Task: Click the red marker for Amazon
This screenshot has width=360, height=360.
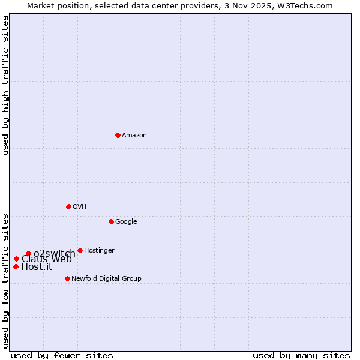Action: pyautogui.click(x=118, y=135)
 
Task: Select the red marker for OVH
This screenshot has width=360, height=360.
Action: pyautogui.click(x=68, y=206)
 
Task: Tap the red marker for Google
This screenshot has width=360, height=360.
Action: pyautogui.click(x=111, y=221)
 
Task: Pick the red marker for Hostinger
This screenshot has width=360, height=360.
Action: pyautogui.click(x=80, y=250)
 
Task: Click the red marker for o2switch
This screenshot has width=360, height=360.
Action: pyautogui.click(x=28, y=253)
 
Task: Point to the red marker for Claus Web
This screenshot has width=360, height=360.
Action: pyautogui.click(x=16, y=259)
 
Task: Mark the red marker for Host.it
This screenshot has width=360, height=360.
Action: pyautogui.click(x=16, y=266)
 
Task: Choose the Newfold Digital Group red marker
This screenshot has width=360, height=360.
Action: pyautogui.click(x=67, y=278)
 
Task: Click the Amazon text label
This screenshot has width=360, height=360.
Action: pyautogui.click(x=134, y=136)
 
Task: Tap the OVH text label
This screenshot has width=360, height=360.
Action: pyautogui.click(x=80, y=207)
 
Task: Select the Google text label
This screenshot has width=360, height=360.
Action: pyautogui.click(x=126, y=222)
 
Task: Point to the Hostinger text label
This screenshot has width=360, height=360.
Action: pyautogui.click(x=99, y=251)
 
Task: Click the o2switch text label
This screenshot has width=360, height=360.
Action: pyautogui.click(x=55, y=254)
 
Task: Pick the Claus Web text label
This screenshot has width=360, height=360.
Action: pyautogui.click(x=47, y=259)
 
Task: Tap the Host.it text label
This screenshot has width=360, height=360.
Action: pyautogui.click(x=37, y=267)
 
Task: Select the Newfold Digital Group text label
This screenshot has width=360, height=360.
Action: pyautogui.click(x=106, y=279)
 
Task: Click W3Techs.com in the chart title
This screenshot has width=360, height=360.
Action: pyautogui.click(x=307, y=5)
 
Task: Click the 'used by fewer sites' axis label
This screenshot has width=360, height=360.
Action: pyautogui.click(x=62, y=356)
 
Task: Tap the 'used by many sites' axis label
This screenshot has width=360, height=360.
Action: pyautogui.click(x=301, y=356)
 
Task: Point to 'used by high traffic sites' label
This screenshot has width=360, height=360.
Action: pyautogui.click(x=5, y=85)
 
